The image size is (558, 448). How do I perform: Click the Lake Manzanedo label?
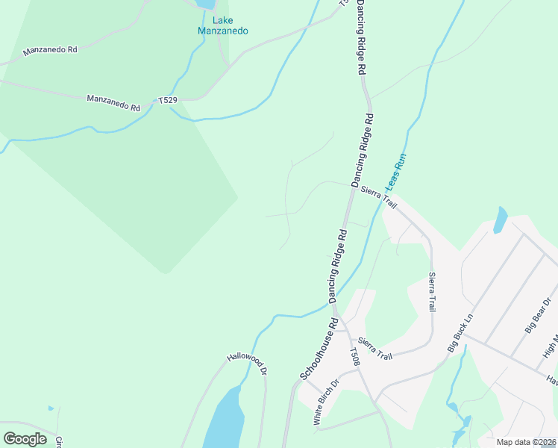tap(222, 25)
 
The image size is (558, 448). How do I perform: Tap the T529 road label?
tap(167, 99)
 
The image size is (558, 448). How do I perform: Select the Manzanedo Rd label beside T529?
tap(113, 103)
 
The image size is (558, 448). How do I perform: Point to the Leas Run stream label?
tap(396, 172)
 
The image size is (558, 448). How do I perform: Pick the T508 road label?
tap(356, 357)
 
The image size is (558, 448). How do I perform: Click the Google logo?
tap(25, 438)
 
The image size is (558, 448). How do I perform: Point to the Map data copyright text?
tap(526, 442)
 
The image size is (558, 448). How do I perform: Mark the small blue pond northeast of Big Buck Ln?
tap(500, 221)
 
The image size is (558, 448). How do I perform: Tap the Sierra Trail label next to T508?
tap(374, 348)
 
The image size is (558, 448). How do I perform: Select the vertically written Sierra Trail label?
tap(431, 292)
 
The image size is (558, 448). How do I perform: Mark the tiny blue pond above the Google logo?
tap(50, 408)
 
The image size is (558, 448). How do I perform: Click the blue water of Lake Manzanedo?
tap(204, 3)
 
